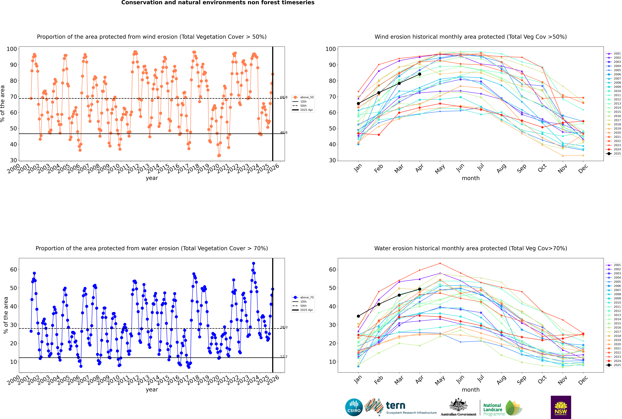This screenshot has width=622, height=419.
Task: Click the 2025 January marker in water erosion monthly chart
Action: pos(358,316)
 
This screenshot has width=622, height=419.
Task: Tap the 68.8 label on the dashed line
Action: pos(284,97)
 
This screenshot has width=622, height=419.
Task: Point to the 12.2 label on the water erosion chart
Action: pos(284,356)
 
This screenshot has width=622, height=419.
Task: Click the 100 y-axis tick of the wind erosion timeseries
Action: pos(12,49)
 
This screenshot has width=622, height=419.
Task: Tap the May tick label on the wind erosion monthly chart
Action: pos(440,169)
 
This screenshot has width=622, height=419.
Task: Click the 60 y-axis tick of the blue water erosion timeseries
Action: pos(13,269)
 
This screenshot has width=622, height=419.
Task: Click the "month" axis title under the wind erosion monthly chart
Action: pos(471,178)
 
